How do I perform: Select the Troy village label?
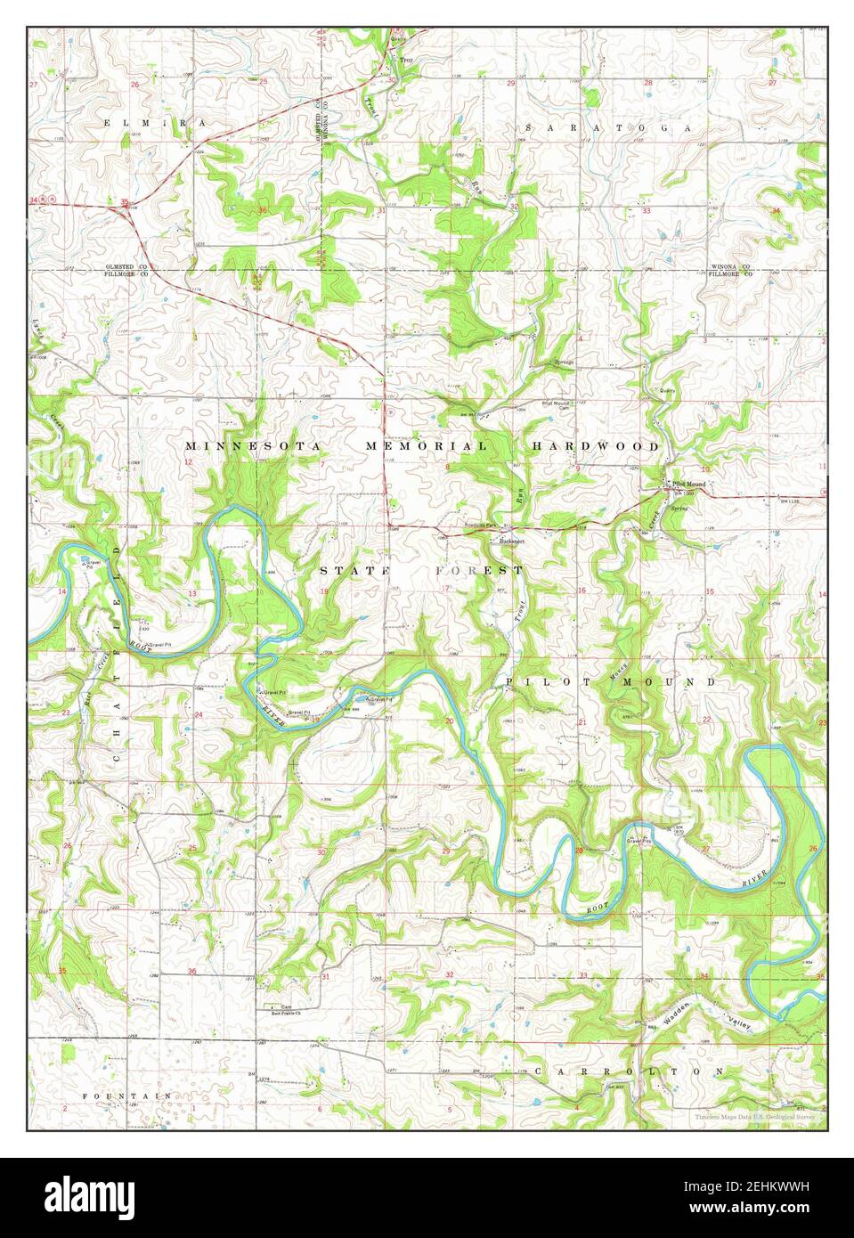pyautogui.click(x=406, y=60)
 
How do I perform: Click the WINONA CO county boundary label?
pyautogui.click(x=730, y=267)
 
